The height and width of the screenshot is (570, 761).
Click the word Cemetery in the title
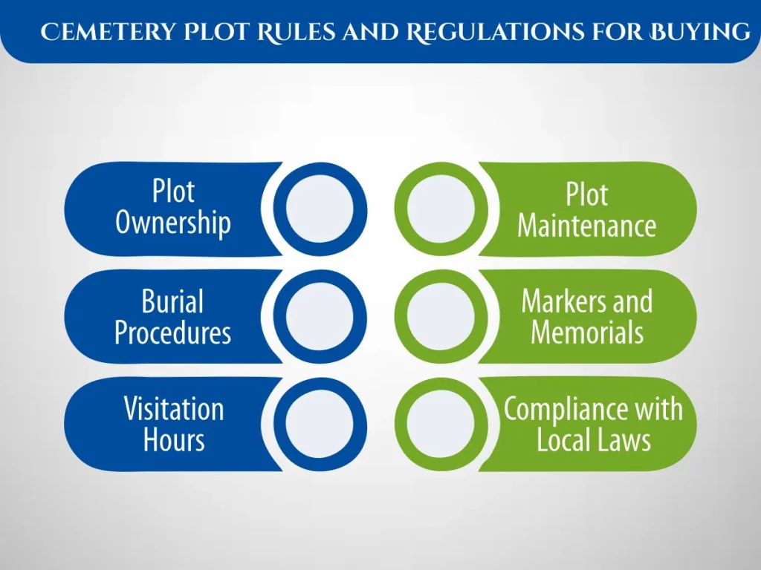pyautogui.click(x=108, y=32)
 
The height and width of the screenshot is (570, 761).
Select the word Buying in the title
pyautogui.click(x=700, y=32)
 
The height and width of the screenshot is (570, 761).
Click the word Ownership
pyautogui.click(x=172, y=223)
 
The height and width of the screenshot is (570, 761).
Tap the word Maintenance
pyautogui.click(x=587, y=226)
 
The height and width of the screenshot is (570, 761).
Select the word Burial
pyautogui.click(x=172, y=301)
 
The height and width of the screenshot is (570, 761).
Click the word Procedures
pyautogui.click(x=172, y=332)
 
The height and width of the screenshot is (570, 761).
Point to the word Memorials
pyautogui.click(x=587, y=332)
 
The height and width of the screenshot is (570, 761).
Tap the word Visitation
pyautogui.click(x=174, y=409)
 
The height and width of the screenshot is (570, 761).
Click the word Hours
pyautogui.click(x=174, y=439)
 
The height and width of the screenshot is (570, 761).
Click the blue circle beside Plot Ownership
pyautogui.click(x=320, y=209)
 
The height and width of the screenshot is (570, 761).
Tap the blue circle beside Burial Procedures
pyautogui.click(x=320, y=316)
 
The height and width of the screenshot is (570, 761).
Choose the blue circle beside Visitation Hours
pyautogui.click(x=320, y=424)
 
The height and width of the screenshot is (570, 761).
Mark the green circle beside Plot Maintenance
pyautogui.click(x=441, y=209)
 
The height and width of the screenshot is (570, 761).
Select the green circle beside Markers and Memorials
pyautogui.click(x=441, y=316)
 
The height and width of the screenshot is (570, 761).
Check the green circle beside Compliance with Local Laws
pyautogui.click(x=441, y=424)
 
